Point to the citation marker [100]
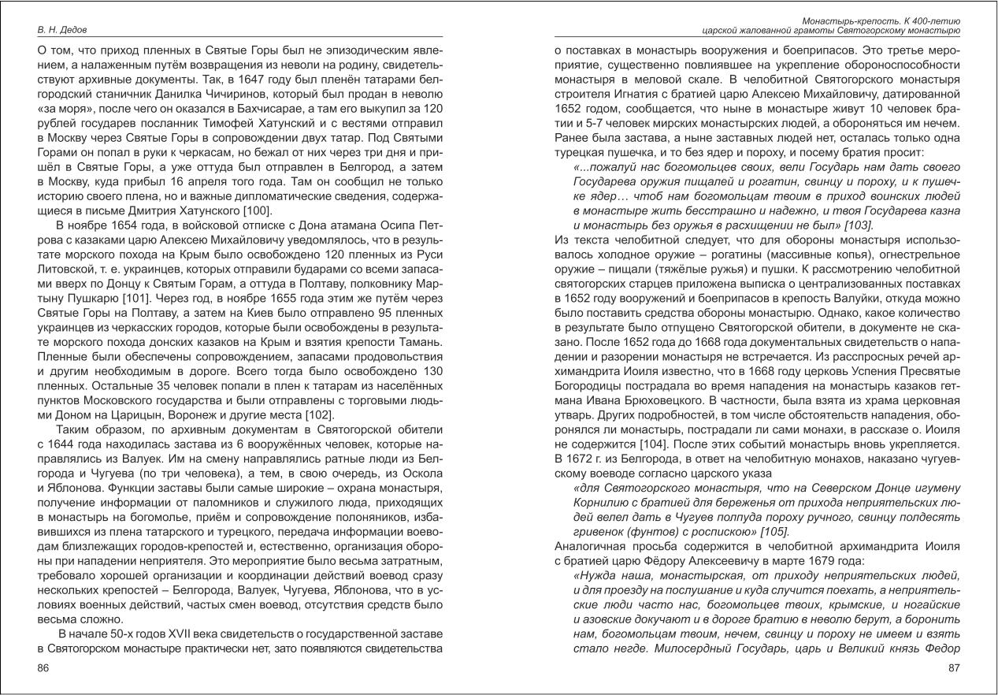point(256,210)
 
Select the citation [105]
point(753,530)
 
